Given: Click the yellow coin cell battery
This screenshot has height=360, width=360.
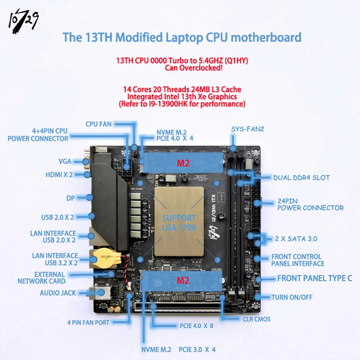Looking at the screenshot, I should click(x=103, y=257).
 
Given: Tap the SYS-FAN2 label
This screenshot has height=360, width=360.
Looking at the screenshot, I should click(x=247, y=129).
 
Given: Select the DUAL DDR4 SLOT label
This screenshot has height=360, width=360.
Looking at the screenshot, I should click(x=301, y=178).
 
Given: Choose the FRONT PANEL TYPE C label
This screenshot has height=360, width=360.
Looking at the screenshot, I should click(x=315, y=278).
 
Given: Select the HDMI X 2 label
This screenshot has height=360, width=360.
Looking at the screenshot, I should click(x=59, y=175).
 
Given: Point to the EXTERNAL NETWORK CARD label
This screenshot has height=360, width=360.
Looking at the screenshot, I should click(x=41, y=278).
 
